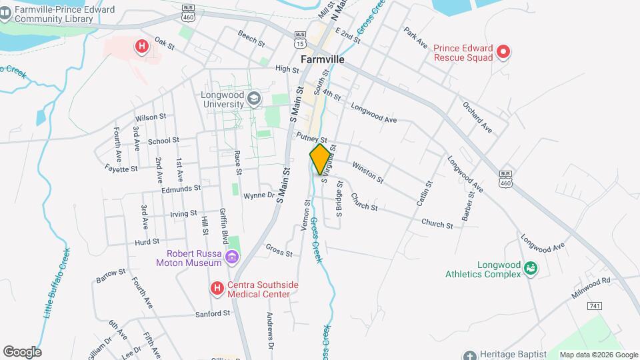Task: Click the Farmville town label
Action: [x=322, y=59]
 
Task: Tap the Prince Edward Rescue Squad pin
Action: [x=505, y=51]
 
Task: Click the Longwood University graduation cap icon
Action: [x=253, y=99]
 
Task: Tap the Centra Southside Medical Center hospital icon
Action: [x=217, y=289]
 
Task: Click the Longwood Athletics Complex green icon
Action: [x=531, y=268]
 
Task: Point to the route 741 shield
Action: [x=595, y=305]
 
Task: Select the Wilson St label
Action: [x=150, y=117]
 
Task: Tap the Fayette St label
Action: [x=121, y=169]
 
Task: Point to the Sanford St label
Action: [x=213, y=313]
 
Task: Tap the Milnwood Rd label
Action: [x=591, y=287]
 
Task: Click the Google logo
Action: [x=22, y=352]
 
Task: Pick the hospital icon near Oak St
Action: [x=141, y=46]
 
